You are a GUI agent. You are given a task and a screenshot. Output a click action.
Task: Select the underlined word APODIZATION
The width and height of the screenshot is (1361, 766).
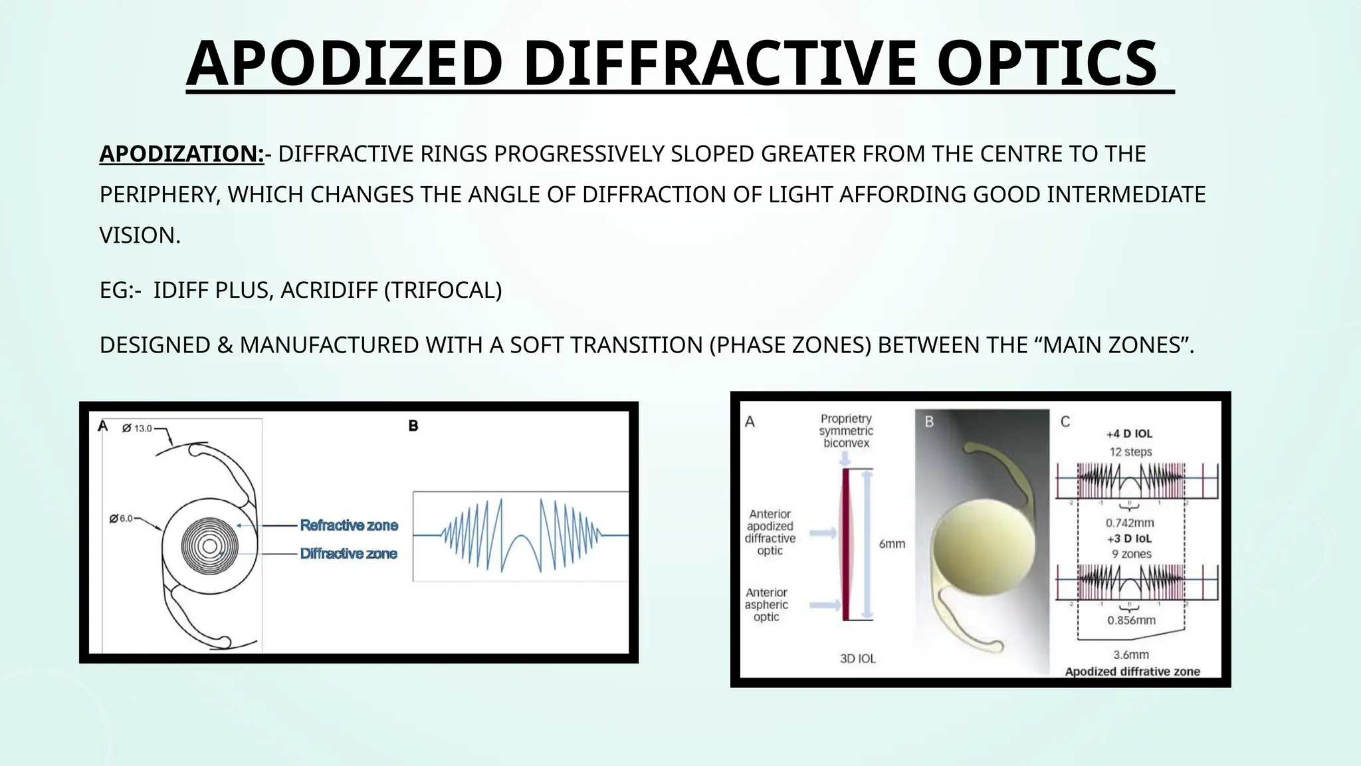(181, 154)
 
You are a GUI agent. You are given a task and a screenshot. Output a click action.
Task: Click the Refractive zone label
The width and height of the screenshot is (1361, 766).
(349, 525)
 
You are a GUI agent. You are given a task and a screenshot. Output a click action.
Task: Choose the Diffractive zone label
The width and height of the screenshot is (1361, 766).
(348, 553)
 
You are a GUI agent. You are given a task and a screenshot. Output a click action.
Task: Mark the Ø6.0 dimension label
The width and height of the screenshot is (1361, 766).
(122, 518)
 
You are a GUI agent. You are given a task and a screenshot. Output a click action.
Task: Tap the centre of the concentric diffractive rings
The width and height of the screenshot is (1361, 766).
(209, 547)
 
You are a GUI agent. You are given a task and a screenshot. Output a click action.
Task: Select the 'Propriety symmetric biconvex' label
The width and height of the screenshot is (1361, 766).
(845, 430)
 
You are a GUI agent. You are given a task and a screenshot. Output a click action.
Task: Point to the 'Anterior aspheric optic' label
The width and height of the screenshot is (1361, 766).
(766, 604)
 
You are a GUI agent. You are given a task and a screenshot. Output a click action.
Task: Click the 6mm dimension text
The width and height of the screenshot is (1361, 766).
(892, 543)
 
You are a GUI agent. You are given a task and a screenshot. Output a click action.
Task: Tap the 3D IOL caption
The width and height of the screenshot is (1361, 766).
(858, 658)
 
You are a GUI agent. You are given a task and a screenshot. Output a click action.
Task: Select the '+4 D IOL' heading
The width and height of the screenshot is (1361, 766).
(1129, 434)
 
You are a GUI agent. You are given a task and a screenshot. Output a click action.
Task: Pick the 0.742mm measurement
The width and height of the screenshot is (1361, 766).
(1130, 523)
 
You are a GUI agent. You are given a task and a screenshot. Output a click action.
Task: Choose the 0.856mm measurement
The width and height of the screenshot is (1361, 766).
(1131, 620)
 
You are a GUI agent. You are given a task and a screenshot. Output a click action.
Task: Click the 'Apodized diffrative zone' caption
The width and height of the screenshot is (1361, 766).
(1132, 671)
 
